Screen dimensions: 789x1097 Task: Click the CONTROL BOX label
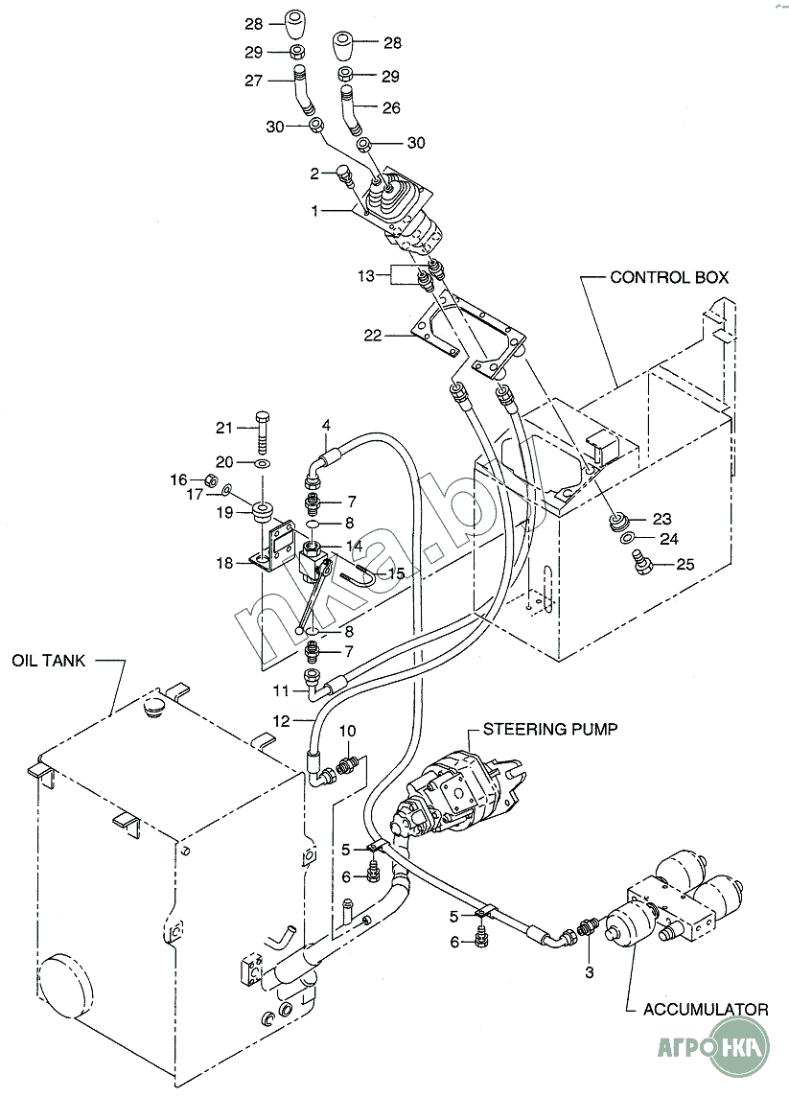click(669, 278)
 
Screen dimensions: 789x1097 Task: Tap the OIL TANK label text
click(48, 660)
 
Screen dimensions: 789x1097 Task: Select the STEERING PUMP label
click(550, 729)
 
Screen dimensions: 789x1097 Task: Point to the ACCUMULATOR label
click(706, 1009)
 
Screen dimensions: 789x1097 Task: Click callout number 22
click(373, 335)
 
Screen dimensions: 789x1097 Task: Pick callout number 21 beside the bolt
click(223, 428)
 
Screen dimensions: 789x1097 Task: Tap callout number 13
click(366, 275)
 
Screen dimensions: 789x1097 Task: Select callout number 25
click(685, 564)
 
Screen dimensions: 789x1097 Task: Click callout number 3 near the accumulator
click(590, 971)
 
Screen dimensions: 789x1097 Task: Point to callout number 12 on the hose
click(281, 720)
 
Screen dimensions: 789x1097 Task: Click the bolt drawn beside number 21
click(263, 429)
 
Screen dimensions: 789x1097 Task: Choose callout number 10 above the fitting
click(348, 731)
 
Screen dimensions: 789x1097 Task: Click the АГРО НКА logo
click(713, 1046)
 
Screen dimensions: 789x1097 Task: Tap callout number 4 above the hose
click(326, 425)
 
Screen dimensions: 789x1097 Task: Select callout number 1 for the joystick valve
click(314, 210)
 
